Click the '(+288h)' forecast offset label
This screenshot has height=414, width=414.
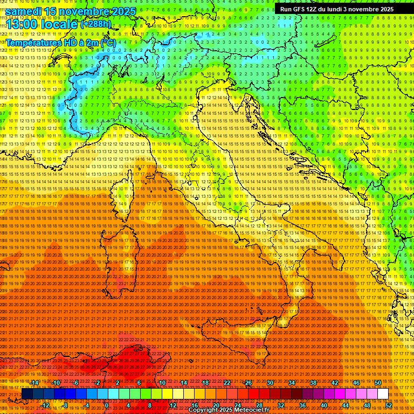click(x=96, y=24)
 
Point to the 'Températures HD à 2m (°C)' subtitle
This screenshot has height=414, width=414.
click(x=60, y=42)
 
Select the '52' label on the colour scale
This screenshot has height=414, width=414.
click(x=389, y=405)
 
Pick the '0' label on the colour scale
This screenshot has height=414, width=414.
click(x=107, y=405)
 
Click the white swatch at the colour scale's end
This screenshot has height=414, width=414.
click(x=383, y=394)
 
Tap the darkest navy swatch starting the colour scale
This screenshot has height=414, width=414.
click(x=27, y=394)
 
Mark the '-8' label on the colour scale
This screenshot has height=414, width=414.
click(x=65, y=405)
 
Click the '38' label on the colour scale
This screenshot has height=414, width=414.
click(x=313, y=383)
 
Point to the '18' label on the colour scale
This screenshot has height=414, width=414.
click(x=205, y=383)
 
